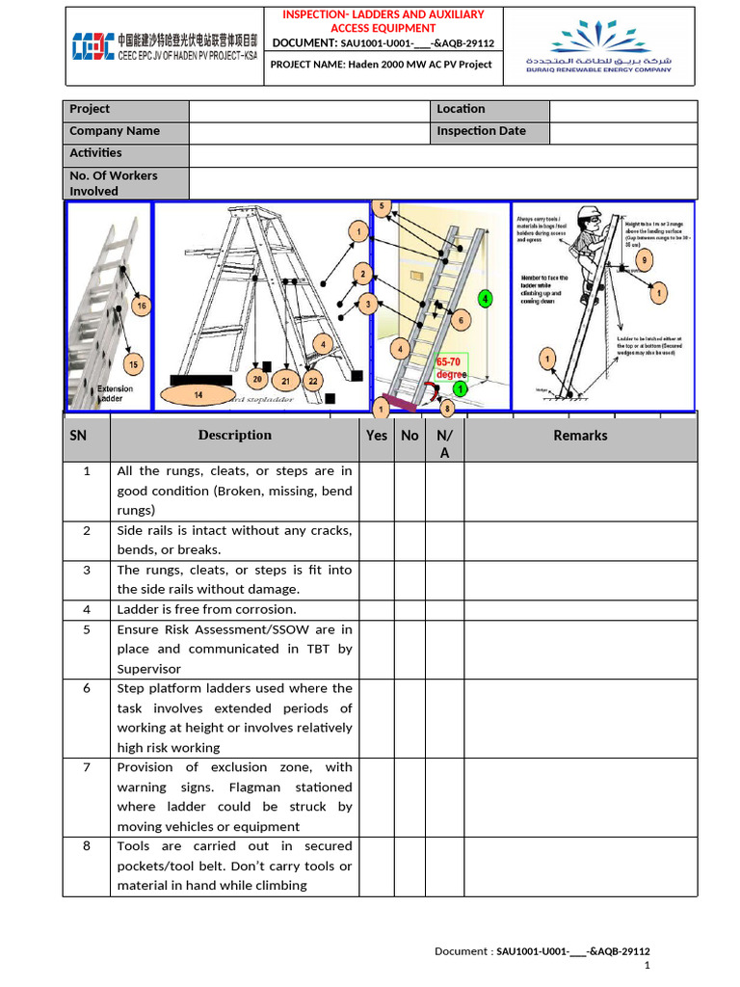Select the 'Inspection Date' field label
point(481,131)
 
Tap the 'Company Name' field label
point(115,131)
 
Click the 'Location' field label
point(461,109)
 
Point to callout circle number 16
point(142,307)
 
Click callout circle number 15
point(133,363)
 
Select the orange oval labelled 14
point(198,395)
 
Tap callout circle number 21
point(286,381)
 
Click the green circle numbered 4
point(486,299)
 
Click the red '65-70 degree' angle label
point(451,367)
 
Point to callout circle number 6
point(460,321)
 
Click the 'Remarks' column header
point(580,436)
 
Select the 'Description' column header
point(235,435)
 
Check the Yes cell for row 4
point(377,609)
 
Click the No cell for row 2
point(410,541)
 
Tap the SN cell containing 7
point(87,767)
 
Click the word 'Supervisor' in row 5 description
point(149,669)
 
